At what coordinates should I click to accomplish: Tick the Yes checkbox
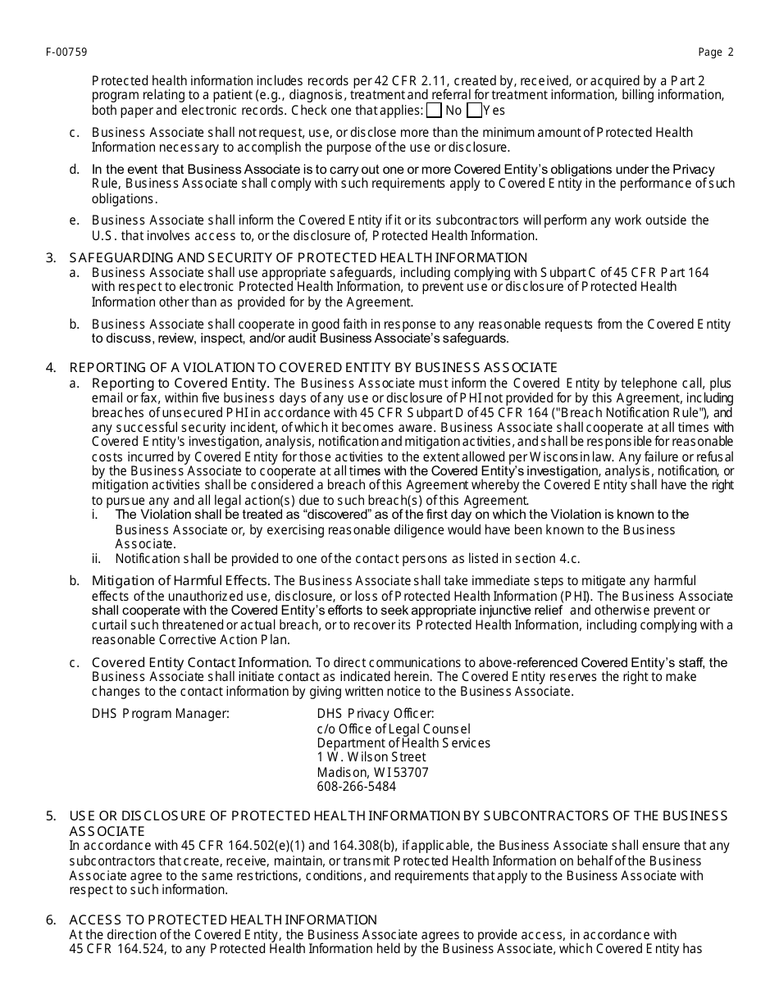(x=474, y=111)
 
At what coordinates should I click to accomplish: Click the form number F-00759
(x=67, y=52)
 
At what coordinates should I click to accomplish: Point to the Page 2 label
(x=716, y=52)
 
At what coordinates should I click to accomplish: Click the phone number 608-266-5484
(x=356, y=787)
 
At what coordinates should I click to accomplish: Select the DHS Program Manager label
(x=161, y=714)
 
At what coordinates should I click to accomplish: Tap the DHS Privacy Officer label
(x=376, y=714)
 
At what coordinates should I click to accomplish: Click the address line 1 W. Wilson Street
(x=371, y=757)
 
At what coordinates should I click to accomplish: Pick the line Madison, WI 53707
(x=372, y=772)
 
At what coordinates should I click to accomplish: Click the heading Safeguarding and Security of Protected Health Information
(x=298, y=258)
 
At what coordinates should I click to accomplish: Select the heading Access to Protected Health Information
(x=223, y=920)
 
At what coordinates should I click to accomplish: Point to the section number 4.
(x=52, y=367)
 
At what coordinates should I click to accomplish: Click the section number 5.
(x=52, y=815)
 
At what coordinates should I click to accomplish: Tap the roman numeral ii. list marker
(x=96, y=559)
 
